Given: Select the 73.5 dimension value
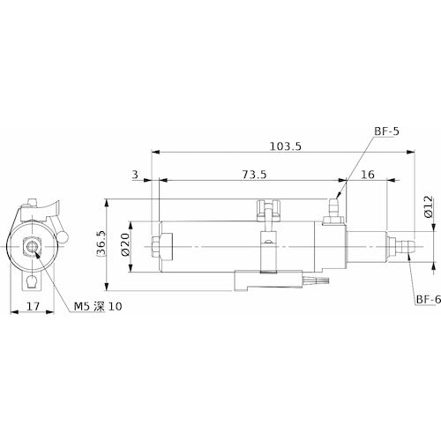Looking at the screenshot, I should (252, 175).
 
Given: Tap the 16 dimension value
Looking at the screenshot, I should (368, 175).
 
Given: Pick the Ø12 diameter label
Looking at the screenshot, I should (427, 205).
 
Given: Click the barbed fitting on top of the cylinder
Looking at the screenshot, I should (334, 207).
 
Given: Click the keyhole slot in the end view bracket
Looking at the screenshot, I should (32, 281).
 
